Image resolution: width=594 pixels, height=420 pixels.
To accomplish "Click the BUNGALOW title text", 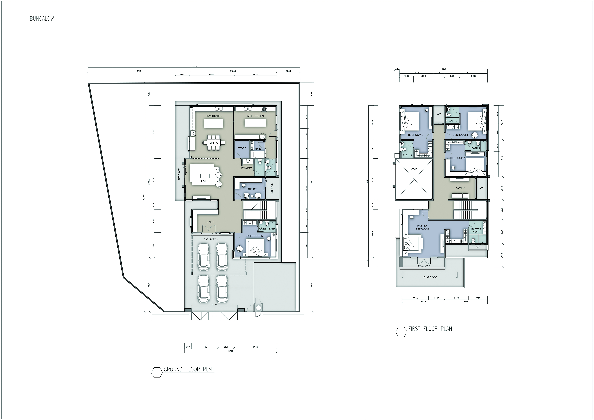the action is coord(42,19).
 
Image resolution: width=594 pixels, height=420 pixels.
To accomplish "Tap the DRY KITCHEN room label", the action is coord(214,116).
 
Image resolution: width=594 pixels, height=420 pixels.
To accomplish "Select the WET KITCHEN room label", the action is coord(255,116).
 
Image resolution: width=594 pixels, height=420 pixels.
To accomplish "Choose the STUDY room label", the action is coord(252,189).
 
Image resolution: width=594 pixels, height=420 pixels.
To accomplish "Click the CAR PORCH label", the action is coord(211,239).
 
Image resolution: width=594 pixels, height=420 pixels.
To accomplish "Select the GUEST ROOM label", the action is coord(255,236).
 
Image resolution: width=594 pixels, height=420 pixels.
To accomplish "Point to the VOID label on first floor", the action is coord(414,169).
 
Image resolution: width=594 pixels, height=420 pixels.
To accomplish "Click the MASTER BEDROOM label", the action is coord(422,227).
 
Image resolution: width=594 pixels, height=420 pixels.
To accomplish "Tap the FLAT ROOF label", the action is coord(430,277).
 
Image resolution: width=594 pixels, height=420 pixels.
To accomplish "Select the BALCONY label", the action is coord(424,266).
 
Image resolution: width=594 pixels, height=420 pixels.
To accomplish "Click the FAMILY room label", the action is coord(460,188).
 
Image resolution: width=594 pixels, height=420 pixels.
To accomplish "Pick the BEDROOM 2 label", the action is coord(415,135).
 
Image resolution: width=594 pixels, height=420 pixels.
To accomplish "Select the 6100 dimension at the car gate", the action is coord(214,305).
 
